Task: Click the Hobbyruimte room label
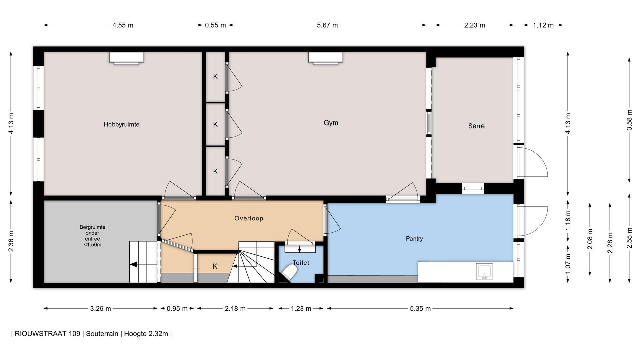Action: click(121, 124)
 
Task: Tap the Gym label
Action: click(331, 123)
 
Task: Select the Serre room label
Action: click(476, 126)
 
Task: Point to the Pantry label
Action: click(414, 239)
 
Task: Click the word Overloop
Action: click(249, 218)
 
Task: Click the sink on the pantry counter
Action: click(484, 271)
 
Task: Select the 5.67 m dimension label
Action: click(327, 25)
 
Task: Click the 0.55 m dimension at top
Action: click(215, 25)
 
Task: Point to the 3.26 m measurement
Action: click(100, 309)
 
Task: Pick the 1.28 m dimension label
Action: click(301, 309)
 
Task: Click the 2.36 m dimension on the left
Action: click(11, 241)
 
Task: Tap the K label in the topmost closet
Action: click(215, 77)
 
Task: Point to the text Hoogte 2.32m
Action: click(146, 334)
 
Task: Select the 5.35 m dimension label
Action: click(420, 309)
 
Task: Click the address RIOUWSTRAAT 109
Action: click(47, 334)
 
